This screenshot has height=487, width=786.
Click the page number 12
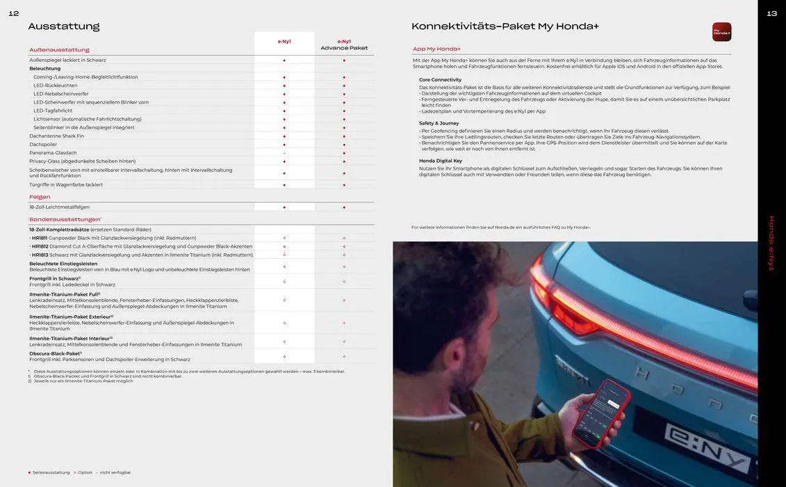[x=14, y=13]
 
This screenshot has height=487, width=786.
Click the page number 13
[x=771, y=13]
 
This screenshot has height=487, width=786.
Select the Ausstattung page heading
[x=64, y=26]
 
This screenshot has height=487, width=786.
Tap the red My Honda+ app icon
[x=721, y=32]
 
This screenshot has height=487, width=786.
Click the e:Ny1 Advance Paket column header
[x=344, y=45]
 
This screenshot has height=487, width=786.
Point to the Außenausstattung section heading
[x=59, y=50]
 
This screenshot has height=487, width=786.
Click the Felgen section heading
[x=40, y=197]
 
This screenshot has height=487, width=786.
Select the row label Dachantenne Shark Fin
[x=56, y=136]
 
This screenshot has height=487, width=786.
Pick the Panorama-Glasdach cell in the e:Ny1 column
[x=284, y=153]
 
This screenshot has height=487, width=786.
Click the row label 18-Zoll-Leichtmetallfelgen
[x=59, y=207]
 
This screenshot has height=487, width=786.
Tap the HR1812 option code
[x=40, y=246]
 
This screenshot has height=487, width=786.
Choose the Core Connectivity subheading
[x=440, y=80]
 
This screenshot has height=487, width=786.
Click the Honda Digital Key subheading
[x=440, y=161]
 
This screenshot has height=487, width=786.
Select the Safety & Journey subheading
[x=439, y=123]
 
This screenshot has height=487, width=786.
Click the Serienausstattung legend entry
[x=50, y=472]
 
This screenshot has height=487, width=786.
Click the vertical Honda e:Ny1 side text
[x=771, y=243]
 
